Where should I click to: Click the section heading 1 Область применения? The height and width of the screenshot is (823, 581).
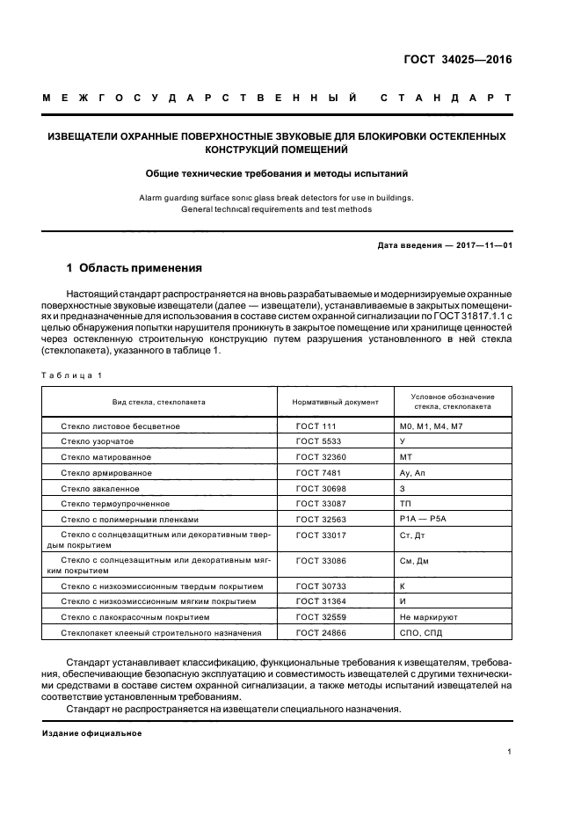point(134,267)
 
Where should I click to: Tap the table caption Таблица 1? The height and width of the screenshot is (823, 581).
point(73,375)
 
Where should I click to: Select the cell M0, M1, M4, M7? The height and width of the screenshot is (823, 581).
point(431,426)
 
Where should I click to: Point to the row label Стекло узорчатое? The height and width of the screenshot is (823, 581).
point(98,441)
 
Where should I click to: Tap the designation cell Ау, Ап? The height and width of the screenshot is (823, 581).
point(412,473)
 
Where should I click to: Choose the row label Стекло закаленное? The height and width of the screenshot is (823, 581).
point(100,488)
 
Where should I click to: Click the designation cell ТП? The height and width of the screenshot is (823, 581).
point(405,504)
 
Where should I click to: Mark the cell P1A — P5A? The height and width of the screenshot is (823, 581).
point(424,520)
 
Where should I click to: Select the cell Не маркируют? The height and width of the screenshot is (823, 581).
point(429,617)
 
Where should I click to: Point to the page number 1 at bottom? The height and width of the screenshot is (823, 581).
point(509,752)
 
